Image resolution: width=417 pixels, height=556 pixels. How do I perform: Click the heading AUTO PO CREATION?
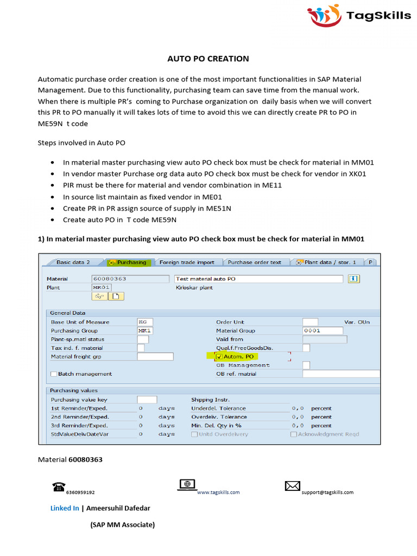pos(208,59)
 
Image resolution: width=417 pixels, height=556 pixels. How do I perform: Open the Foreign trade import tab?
pos(187,262)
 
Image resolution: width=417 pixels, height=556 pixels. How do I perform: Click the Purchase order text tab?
pos(254,262)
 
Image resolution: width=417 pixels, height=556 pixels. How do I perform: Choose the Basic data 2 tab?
pos(73,262)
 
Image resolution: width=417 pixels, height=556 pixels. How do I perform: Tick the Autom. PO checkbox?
pos(219,357)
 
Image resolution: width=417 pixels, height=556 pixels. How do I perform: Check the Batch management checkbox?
pos(54,374)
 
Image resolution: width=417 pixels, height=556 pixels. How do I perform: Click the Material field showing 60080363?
pos(130,279)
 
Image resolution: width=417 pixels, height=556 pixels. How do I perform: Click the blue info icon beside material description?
pos(354,279)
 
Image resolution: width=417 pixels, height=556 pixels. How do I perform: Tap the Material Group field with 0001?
pos(323,331)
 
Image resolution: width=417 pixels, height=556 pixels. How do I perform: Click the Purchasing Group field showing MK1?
pos(146,331)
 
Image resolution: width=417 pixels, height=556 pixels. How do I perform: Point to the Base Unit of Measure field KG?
pos(146,322)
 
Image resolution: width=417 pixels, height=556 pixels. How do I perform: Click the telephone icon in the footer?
pos(59,486)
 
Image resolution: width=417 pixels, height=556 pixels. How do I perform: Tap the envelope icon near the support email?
pos(293,486)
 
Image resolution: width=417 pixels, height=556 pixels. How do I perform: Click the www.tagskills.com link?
pos(218,492)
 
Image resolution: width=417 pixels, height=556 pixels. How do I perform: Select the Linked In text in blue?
pos(65,508)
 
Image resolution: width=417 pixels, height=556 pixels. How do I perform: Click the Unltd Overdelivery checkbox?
pos(194,434)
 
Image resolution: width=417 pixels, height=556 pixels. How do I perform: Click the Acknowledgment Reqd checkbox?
pos(294,434)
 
